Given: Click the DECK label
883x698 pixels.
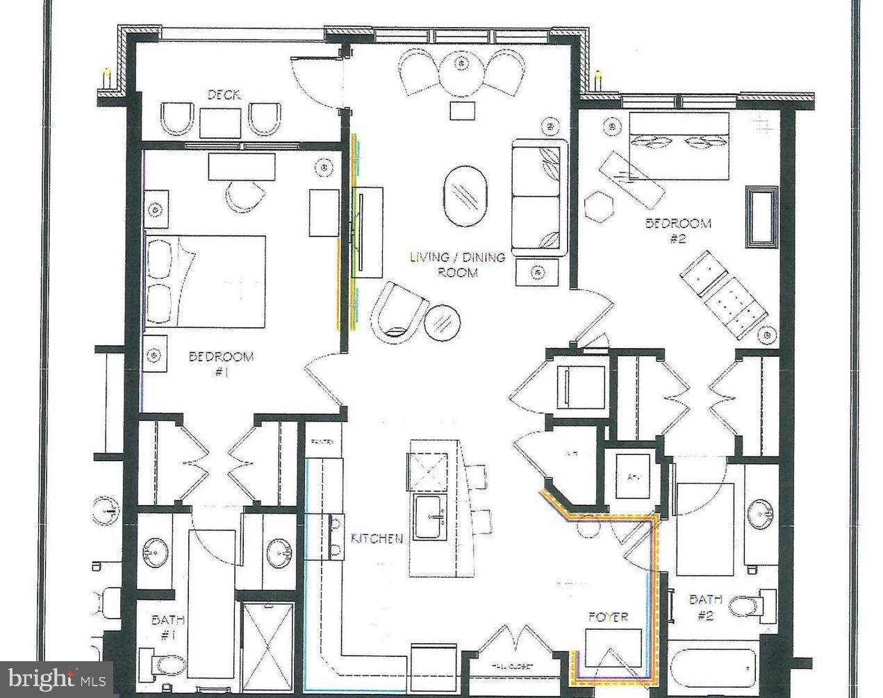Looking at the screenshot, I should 224,94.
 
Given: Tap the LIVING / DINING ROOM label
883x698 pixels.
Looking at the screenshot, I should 457,265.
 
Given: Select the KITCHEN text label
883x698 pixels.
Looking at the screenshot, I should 377,538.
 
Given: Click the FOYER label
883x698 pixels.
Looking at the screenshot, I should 608,617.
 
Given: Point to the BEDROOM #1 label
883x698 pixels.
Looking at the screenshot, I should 221,364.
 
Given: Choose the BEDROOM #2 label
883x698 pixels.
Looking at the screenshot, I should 678,231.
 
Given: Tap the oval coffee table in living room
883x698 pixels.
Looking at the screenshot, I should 465,196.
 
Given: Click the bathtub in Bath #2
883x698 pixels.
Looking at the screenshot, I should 711,671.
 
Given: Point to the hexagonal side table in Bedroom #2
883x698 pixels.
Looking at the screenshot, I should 599,206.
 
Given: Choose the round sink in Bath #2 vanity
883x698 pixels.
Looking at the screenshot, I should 763,514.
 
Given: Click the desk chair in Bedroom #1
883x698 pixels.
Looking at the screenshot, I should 245,197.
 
